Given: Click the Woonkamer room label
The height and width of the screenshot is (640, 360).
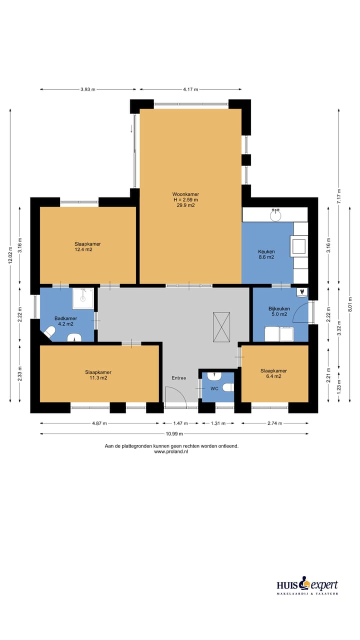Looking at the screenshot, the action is click(x=185, y=199).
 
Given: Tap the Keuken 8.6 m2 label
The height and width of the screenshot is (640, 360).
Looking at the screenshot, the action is click(x=266, y=254).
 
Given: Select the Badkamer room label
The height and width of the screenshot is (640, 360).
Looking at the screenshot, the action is click(x=65, y=321).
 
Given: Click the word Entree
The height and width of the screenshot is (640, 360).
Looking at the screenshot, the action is click(x=179, y=377).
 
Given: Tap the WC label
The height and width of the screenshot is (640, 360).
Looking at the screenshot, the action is click(x=214, y=388).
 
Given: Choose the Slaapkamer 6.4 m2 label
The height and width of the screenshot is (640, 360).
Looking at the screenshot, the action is click(x=273, y=373).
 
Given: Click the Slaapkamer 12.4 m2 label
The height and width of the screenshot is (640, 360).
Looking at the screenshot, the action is click(x=87, y=246).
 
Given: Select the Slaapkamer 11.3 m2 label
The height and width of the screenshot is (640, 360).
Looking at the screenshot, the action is click(x=98, y=375).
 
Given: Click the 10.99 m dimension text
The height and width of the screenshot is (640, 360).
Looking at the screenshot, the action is click(x=174, y=433).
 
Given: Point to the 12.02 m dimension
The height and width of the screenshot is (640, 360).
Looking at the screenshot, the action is click(x=10, y=256).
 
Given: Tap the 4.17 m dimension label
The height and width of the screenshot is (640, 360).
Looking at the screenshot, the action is click(x=190, y=89).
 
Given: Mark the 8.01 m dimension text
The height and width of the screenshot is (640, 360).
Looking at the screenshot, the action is click(x=350, y=304).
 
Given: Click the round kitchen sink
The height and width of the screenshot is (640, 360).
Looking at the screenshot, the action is click(x=275, y=214).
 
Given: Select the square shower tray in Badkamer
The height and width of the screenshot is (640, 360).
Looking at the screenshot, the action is click(x=83, y=298).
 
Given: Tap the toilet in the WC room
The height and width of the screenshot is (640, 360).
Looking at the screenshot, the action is click(x=228, y=387).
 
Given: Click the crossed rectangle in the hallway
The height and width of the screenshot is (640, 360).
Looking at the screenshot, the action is click(x=221, y=327).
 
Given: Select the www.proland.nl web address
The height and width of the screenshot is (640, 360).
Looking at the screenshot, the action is click(x=171, y=451).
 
